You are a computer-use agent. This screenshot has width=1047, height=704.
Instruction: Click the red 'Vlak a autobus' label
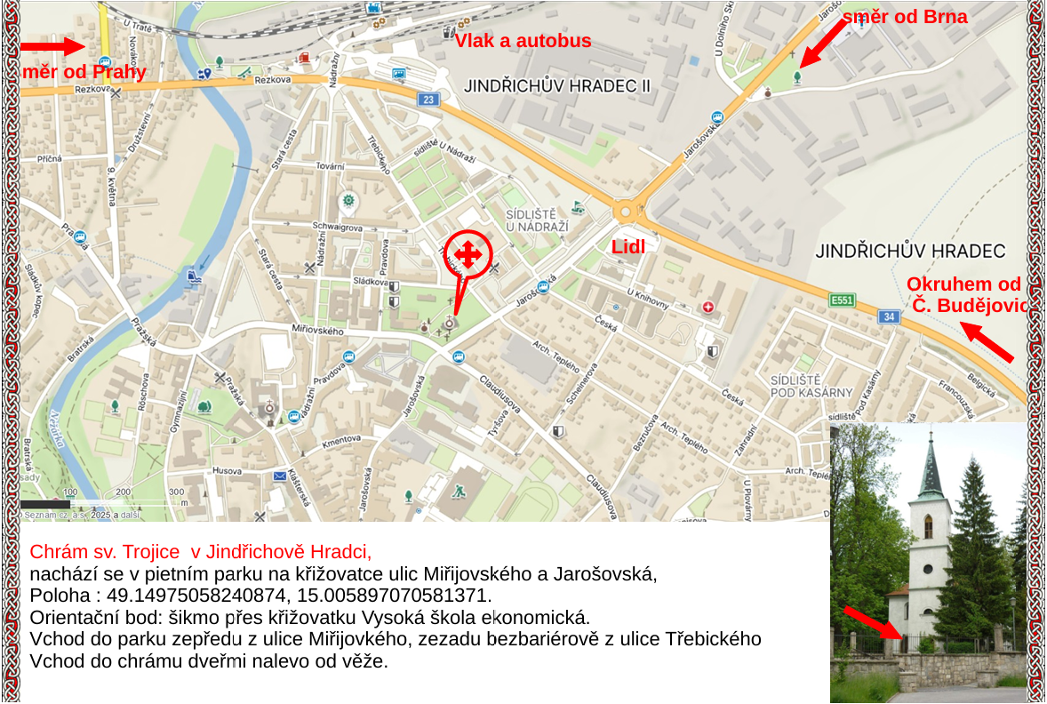523,40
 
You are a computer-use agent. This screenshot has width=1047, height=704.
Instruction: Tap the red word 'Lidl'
627,247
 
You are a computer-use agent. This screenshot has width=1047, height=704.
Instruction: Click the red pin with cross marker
468,255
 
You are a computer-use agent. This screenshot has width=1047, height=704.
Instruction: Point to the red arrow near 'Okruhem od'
988,343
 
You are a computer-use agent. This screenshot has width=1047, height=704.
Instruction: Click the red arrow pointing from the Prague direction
52,46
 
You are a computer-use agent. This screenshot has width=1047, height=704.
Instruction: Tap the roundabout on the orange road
627,212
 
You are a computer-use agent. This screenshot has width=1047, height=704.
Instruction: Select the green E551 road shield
841,300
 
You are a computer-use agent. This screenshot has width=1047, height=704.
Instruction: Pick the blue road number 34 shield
889,316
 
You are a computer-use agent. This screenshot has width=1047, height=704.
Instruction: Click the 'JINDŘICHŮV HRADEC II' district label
557,85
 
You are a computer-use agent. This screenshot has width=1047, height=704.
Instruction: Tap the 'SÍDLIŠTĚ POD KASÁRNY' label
811,386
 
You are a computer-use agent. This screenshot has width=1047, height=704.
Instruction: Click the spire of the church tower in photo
931,462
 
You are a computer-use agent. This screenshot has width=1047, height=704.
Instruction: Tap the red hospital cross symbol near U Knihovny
707,307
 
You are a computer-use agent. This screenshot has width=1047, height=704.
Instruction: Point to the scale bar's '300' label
176,492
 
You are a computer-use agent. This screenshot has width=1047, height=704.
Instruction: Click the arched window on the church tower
929,526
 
